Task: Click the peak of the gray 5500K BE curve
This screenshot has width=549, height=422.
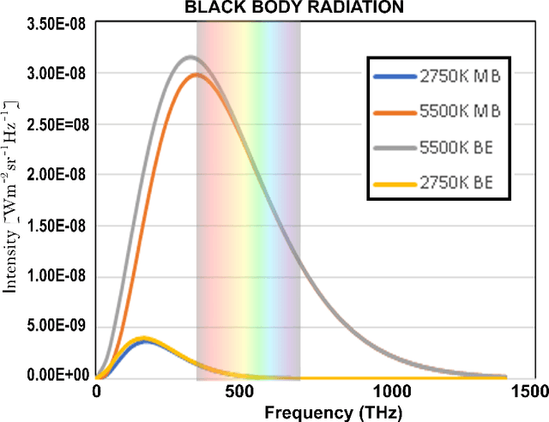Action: (190, 57)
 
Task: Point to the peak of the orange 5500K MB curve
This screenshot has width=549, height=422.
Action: (196, 75)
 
